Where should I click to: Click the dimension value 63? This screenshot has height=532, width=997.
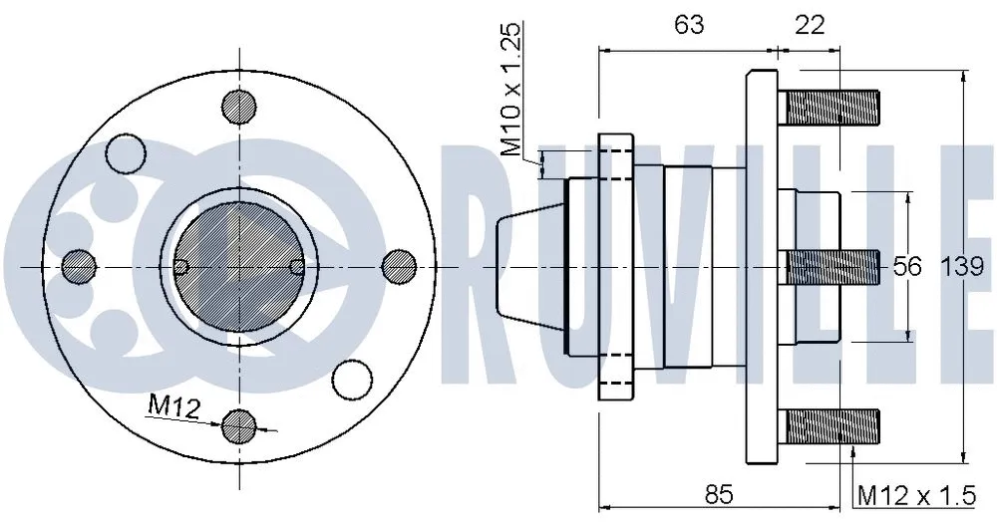[x=689, y=25]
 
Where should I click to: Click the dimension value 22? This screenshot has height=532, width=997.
[x=811, y=25]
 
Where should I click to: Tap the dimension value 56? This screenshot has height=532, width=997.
[x=906, y=266]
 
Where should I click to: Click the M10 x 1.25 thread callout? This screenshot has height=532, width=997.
[x=510, y=90]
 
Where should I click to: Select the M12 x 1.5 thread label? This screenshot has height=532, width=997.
[x=916, y=495]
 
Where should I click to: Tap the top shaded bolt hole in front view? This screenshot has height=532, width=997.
[x=238, y=106]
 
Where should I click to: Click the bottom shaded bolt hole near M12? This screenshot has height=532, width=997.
[x=238, y=427]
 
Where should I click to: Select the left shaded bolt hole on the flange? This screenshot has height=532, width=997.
[x=79, y=266]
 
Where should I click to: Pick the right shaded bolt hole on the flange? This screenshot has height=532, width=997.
[x=400, y=266]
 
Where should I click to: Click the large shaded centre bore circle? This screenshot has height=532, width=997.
[x=238, y=266]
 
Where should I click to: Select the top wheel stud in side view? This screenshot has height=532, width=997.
[x=831, y=106]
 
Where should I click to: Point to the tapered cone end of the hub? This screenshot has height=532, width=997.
[x=528, y=266]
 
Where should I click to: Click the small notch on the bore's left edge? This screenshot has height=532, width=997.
[x=179, y=266]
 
